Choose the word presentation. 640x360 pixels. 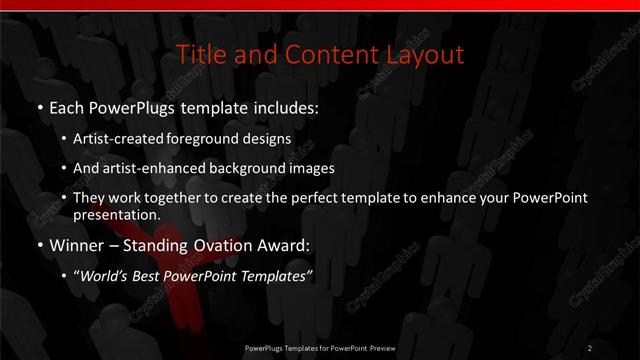coord(115,215)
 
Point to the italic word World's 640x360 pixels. coord(104,277)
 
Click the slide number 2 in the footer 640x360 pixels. coord(590,348)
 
